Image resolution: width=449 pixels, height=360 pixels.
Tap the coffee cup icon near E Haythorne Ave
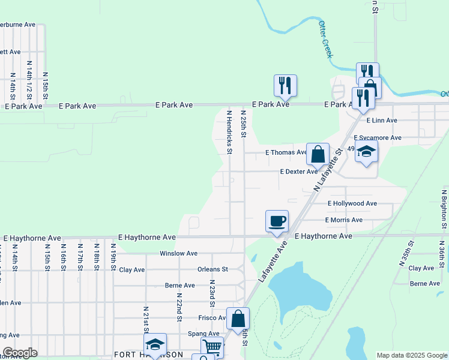coord(277,220)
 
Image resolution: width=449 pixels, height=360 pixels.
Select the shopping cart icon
coord(212,347)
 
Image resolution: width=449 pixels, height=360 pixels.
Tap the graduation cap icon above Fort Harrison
coord(155,344)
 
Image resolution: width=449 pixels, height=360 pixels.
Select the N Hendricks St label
coord(229,131)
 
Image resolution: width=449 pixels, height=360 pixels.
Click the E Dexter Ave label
coord(299,172)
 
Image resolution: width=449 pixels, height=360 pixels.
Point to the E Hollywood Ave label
coord(352,204)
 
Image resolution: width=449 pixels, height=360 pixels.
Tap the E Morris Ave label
coord(344,220)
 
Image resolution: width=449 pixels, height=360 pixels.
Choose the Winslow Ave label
coord(178,254)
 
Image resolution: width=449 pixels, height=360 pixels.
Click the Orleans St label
coord(213,269)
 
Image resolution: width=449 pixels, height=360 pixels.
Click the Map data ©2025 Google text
coord(411,355)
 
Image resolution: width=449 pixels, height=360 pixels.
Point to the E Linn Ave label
coord(382,121)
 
